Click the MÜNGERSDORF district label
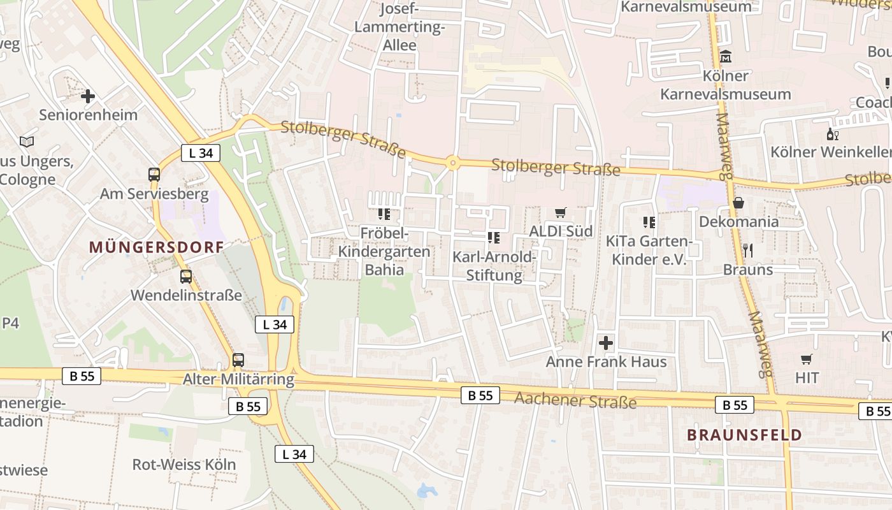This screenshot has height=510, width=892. click(157, 247)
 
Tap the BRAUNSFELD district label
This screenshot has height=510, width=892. click(744, 435)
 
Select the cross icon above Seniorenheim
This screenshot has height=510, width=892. click(88, 97)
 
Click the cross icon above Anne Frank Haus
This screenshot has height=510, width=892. click(606, 343)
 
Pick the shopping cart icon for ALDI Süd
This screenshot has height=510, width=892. click(561, 212)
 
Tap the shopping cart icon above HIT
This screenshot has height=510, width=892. click(807, 359)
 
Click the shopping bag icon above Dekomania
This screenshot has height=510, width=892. click(738, 203)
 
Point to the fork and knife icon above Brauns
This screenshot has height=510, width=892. click(748, 251)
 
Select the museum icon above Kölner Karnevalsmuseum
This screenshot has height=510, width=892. click(725, 57)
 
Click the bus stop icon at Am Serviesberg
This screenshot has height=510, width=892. click(154, 175)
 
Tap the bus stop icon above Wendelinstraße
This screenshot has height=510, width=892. click(186, 277)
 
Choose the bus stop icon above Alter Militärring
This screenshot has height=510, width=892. click(238, 360)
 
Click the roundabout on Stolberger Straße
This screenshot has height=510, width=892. click(452, 163)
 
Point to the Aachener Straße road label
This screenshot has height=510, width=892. click(575, 400)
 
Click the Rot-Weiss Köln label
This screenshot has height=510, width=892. click(183, 464)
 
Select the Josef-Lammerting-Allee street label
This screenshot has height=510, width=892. click(399, 27)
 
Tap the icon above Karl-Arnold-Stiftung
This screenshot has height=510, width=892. click(494, 238)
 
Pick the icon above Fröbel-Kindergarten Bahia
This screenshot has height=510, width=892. click(384, 214)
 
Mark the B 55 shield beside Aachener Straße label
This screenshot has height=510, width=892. click(480, 395)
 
